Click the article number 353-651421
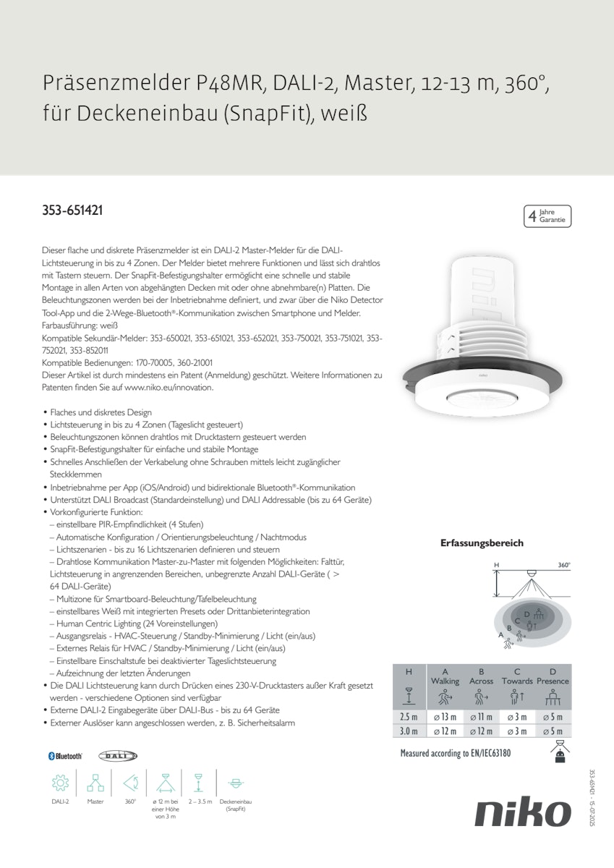pyautogui.click(x=72, y=211)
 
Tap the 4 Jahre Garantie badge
pyautogui.click(x=547, y=216)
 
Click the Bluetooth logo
pyautogui.click(x=65, y=756)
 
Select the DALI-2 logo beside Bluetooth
pyautogui.click(x=117, y=756)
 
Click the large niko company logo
pyautogui.click(x=523, y=814)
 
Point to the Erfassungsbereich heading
pyautogui.click(x=482, y=543)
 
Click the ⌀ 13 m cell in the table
pyautogui.click(x=445, y=717)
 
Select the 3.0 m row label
pyautogui.click(x=409, y=731)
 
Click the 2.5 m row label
pyautogui.click(x=409, y=717)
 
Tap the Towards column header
pyautogui.click(x=517, y=681)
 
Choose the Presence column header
pyautogui.click(x=553, y=681)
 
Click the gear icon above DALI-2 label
pyautogui.click(x=60, y=783)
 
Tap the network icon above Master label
pyautogui.click(x=95, y=783)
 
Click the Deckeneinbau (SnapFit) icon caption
pyautogui.click(x=236, y=805)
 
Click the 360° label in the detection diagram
pyautogui.click(x=564, y=564)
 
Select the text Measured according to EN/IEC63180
pyautogui.click(x=455, y=754)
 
